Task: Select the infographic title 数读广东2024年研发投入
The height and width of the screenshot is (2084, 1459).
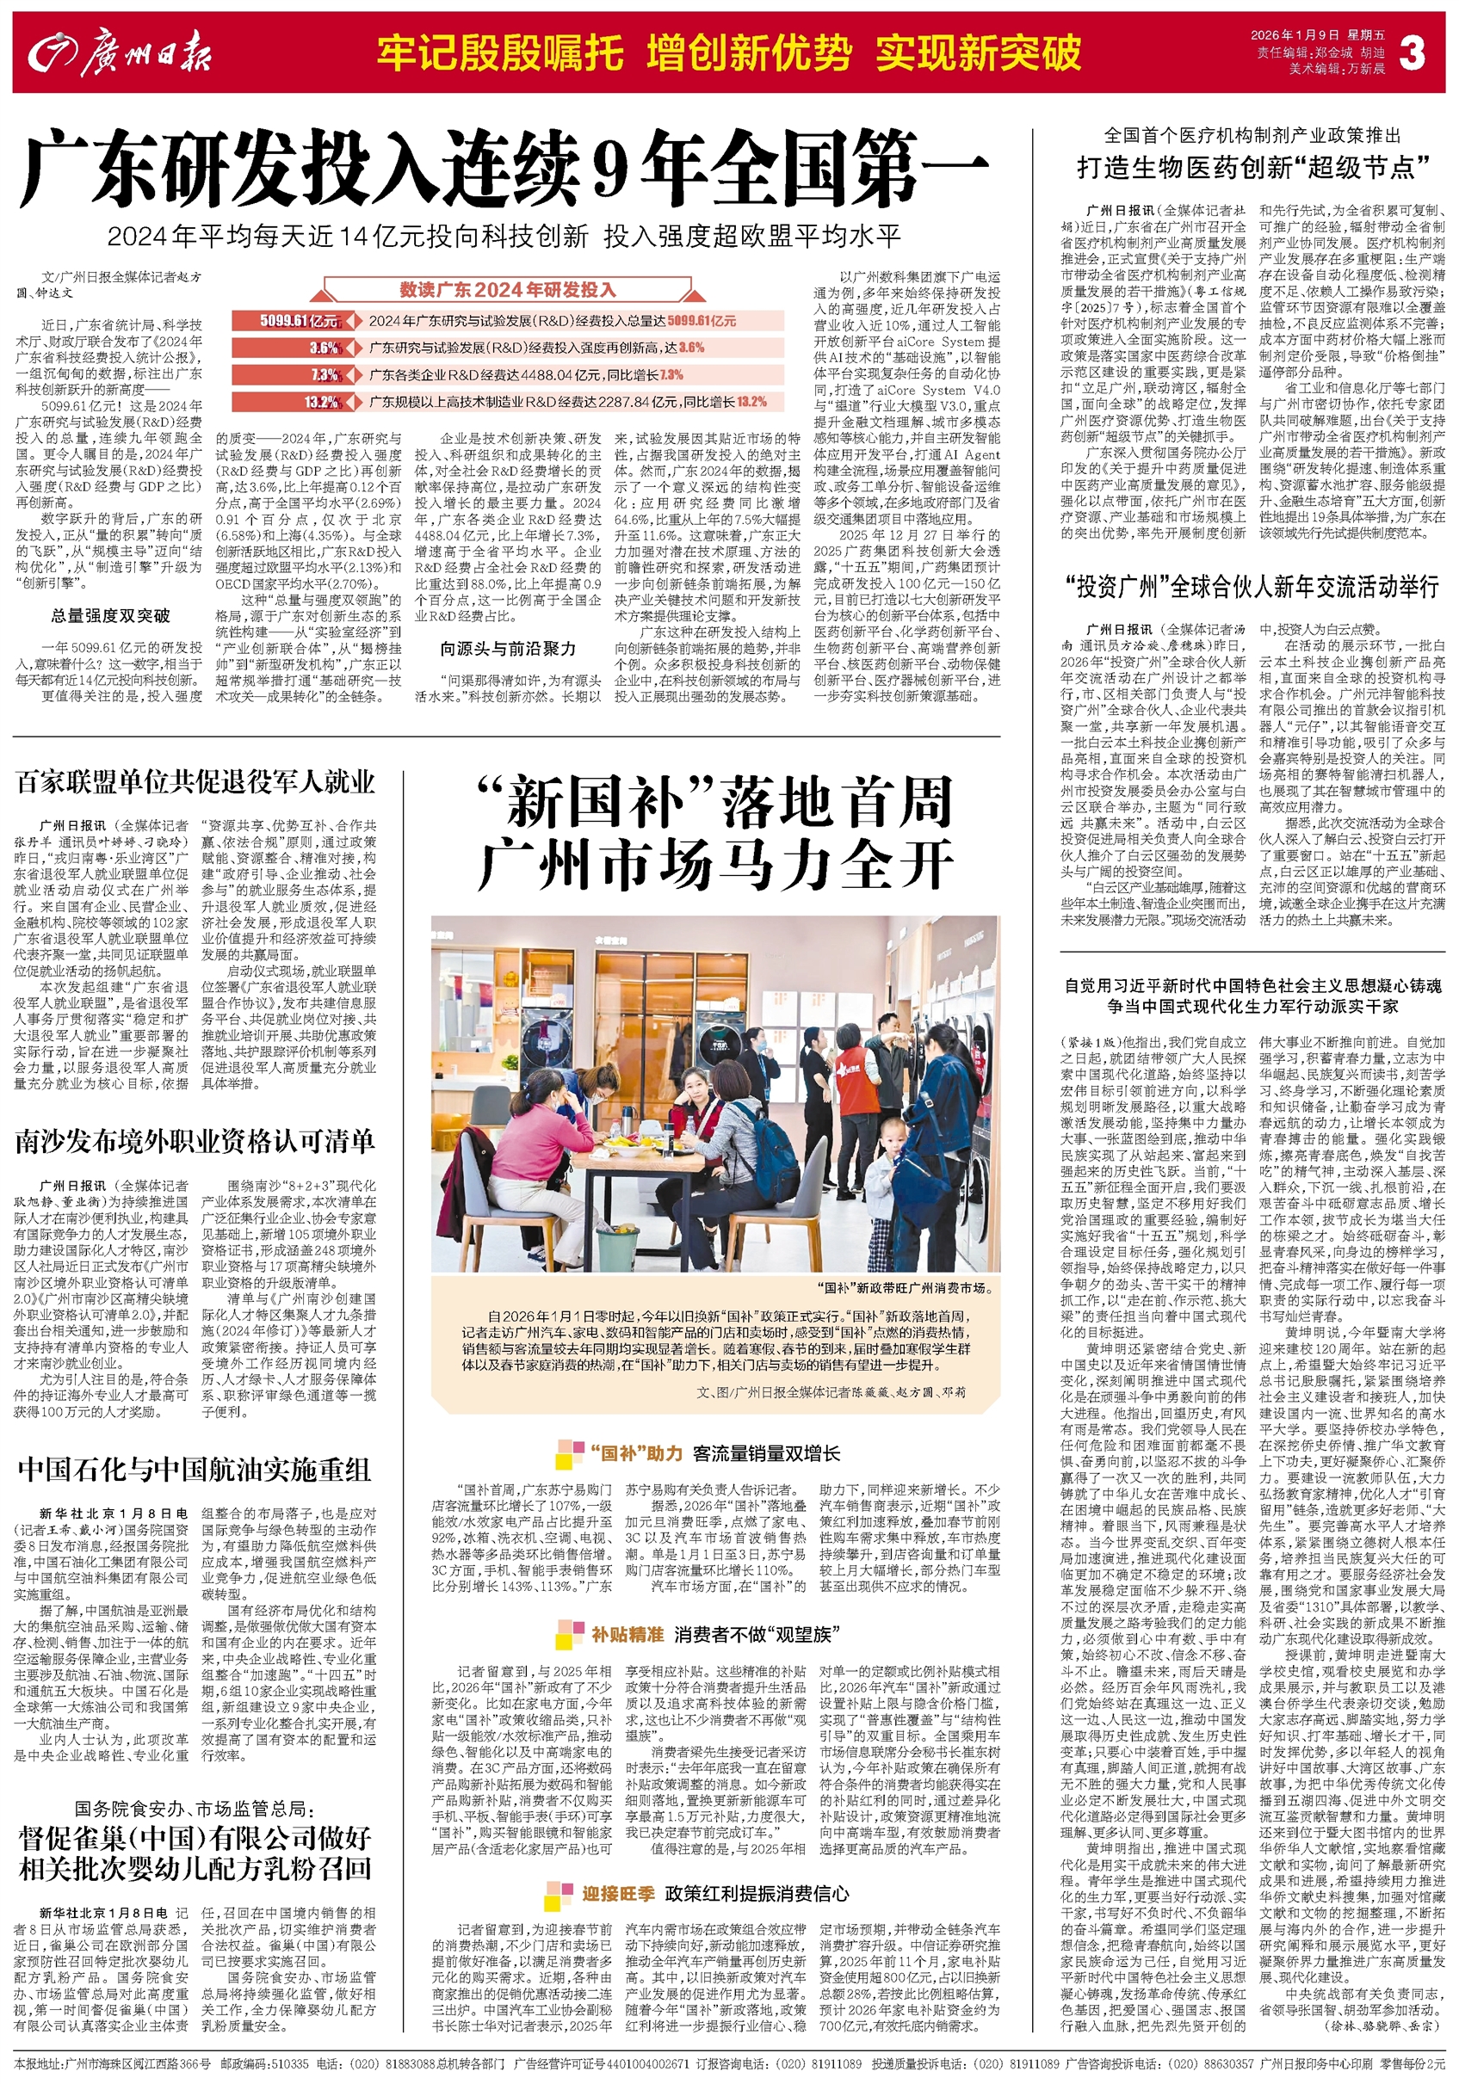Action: click(508, 291)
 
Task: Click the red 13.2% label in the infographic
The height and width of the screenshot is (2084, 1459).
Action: click(322, 402)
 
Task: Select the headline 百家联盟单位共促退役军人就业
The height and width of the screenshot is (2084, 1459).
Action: click(195, 782)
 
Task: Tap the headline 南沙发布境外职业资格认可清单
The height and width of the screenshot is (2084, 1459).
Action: click(195, 1142)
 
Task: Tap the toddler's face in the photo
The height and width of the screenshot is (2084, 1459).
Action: click(896, 1139)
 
